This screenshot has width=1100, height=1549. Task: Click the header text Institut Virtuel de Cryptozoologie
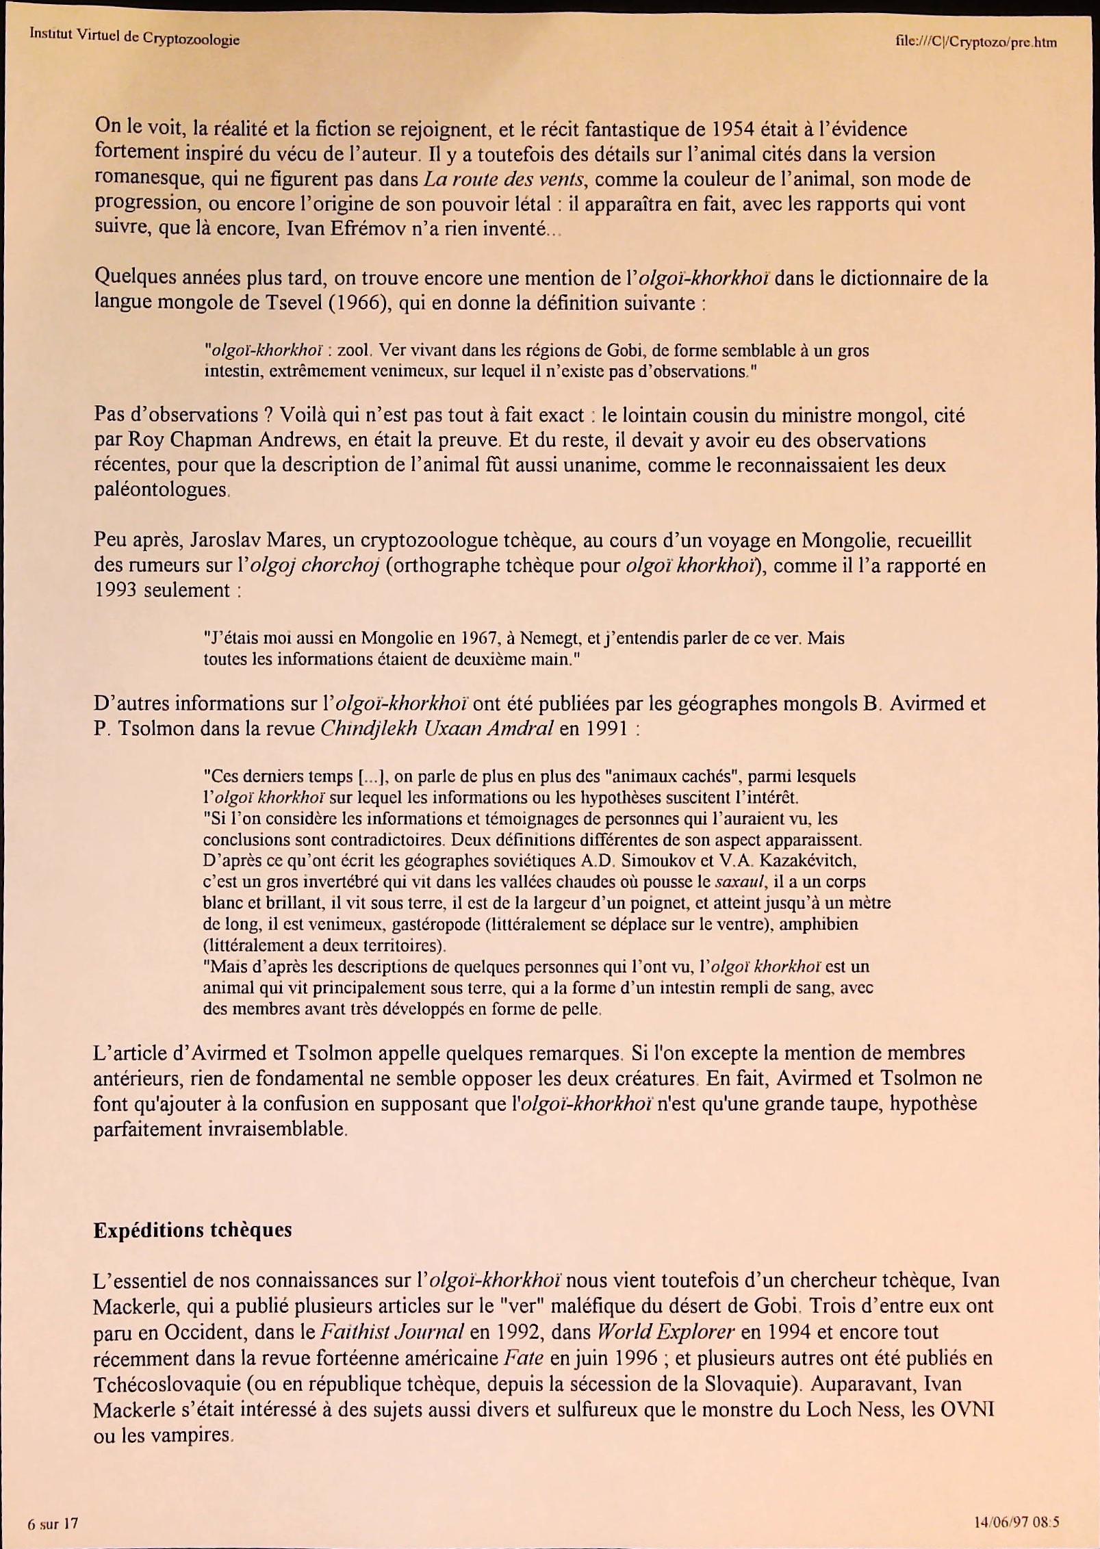[x=134, y=36]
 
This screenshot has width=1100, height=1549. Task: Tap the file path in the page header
[x=975, y=42]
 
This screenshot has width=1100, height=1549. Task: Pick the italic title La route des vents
[x=504, y=179]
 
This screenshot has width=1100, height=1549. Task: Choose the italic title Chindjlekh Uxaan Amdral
[x=437, y=728]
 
